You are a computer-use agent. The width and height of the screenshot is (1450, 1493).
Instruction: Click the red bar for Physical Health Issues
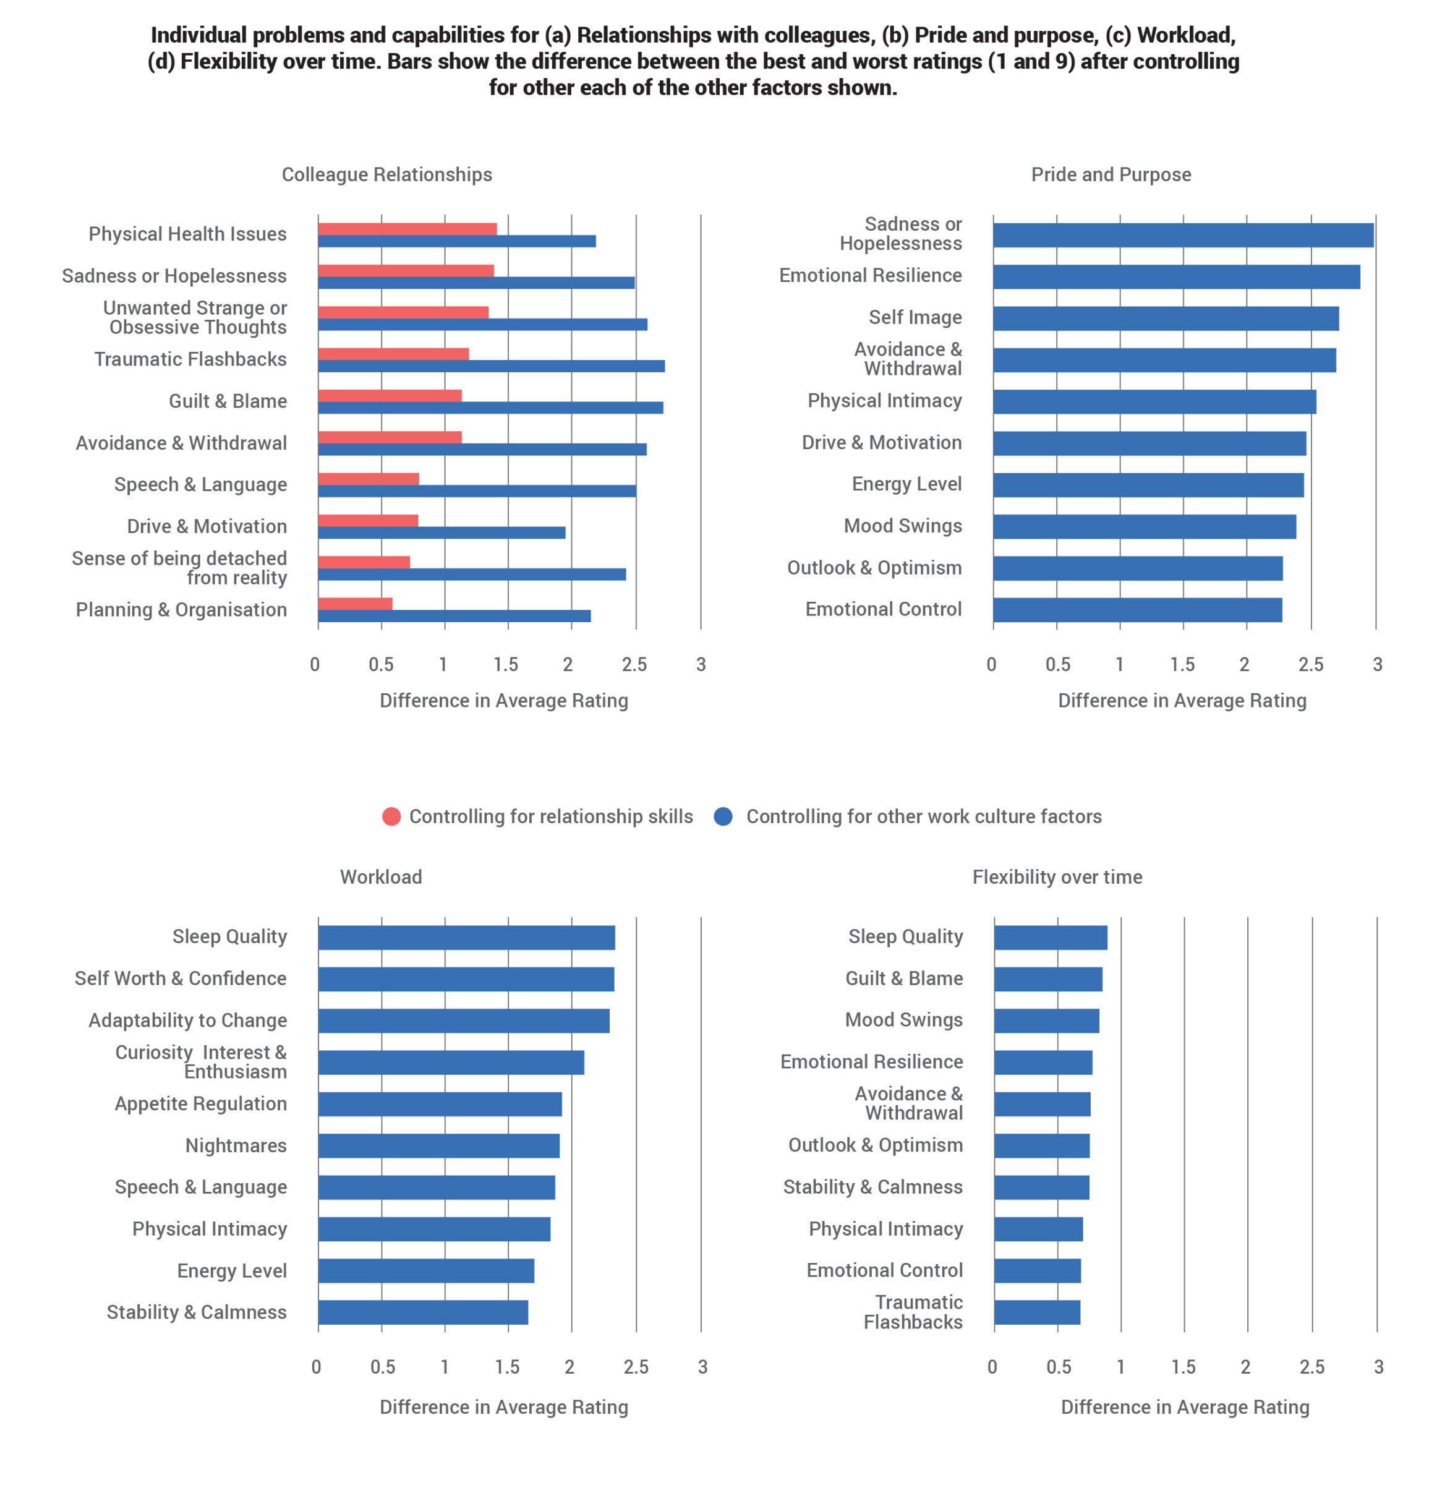click(407, 229)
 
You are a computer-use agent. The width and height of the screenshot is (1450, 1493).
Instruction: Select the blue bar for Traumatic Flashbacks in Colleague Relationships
click(491, 366)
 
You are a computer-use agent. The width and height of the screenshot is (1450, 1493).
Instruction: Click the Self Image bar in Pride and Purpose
click(1166, 319)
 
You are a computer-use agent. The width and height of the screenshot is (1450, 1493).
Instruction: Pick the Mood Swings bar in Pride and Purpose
click(1145, 527)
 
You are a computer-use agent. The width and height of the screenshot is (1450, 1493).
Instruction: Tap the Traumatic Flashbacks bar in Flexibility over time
click(1037, 1312)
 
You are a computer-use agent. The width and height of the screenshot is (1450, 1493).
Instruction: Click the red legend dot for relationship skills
click(391, 816)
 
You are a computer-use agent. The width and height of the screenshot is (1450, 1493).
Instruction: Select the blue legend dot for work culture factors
click(723, 816)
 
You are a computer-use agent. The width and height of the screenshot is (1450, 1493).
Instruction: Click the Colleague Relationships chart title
click(387, 174)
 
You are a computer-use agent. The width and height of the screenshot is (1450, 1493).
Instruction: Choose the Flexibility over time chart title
click(1057, 877)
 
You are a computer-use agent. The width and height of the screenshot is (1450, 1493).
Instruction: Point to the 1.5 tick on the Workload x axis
click(507, 1367)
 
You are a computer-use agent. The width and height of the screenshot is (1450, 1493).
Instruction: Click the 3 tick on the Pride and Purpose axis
click(1378, 665)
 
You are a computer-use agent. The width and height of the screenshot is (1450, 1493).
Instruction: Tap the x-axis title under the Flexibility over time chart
click(1185, 1407)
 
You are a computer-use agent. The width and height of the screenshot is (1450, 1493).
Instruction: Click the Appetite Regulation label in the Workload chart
click(201, 1104)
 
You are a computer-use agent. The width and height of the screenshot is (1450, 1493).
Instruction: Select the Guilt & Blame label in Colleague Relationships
click(228, 401)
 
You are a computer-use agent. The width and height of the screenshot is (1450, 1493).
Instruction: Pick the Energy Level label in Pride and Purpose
click(906, 484)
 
